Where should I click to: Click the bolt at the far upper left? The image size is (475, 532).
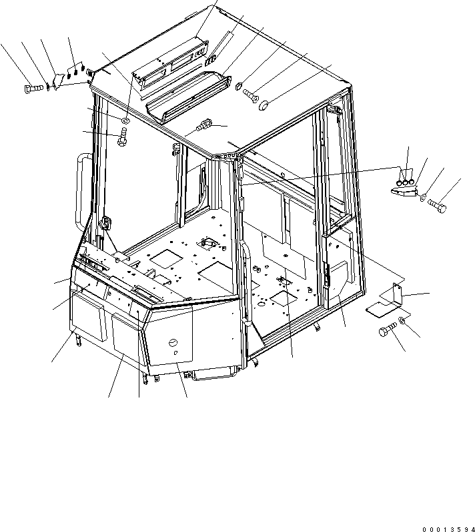tap(34, 87)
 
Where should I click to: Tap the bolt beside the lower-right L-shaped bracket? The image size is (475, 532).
tap(386, 331)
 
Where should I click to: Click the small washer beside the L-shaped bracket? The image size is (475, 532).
tap(404, 322)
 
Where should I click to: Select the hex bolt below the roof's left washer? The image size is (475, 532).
tap(122, 140)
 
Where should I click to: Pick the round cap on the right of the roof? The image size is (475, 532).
tap(264, 104)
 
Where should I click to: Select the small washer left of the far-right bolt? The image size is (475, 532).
tap(425, 197)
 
